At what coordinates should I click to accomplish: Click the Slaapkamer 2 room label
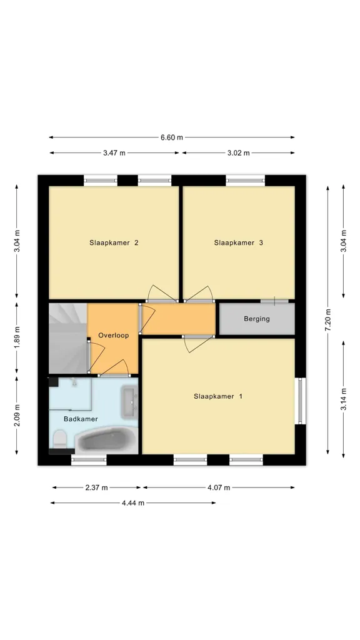114,242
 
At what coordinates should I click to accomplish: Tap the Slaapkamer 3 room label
238,242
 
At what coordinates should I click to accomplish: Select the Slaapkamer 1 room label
218,396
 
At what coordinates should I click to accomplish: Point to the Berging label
257,319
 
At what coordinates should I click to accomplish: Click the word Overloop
114,335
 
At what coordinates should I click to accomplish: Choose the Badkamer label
81,419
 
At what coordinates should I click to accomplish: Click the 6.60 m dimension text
172,137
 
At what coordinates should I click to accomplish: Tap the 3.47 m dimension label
114,153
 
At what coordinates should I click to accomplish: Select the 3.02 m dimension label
238,153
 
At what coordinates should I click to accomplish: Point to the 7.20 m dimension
327,320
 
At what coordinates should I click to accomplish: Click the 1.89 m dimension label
17,338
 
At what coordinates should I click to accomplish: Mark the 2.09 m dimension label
17,415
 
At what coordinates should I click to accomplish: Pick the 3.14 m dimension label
344,399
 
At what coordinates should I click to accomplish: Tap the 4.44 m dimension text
133,503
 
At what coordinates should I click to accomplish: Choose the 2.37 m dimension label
97,487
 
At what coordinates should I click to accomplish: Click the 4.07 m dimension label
219,487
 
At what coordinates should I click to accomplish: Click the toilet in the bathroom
60,438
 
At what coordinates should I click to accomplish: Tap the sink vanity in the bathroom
130,398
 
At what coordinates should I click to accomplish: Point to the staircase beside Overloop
68,338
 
